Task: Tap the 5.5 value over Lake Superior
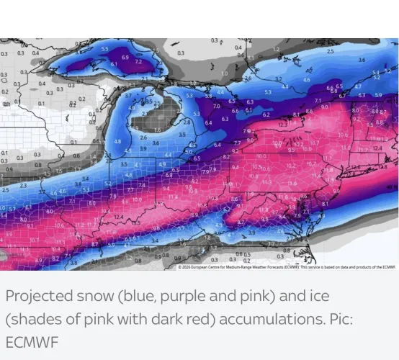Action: pos(105,49)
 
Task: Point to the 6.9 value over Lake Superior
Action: pos(125,57)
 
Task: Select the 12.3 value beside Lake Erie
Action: pos(282,125)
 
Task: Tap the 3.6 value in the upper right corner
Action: pos(362,60)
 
